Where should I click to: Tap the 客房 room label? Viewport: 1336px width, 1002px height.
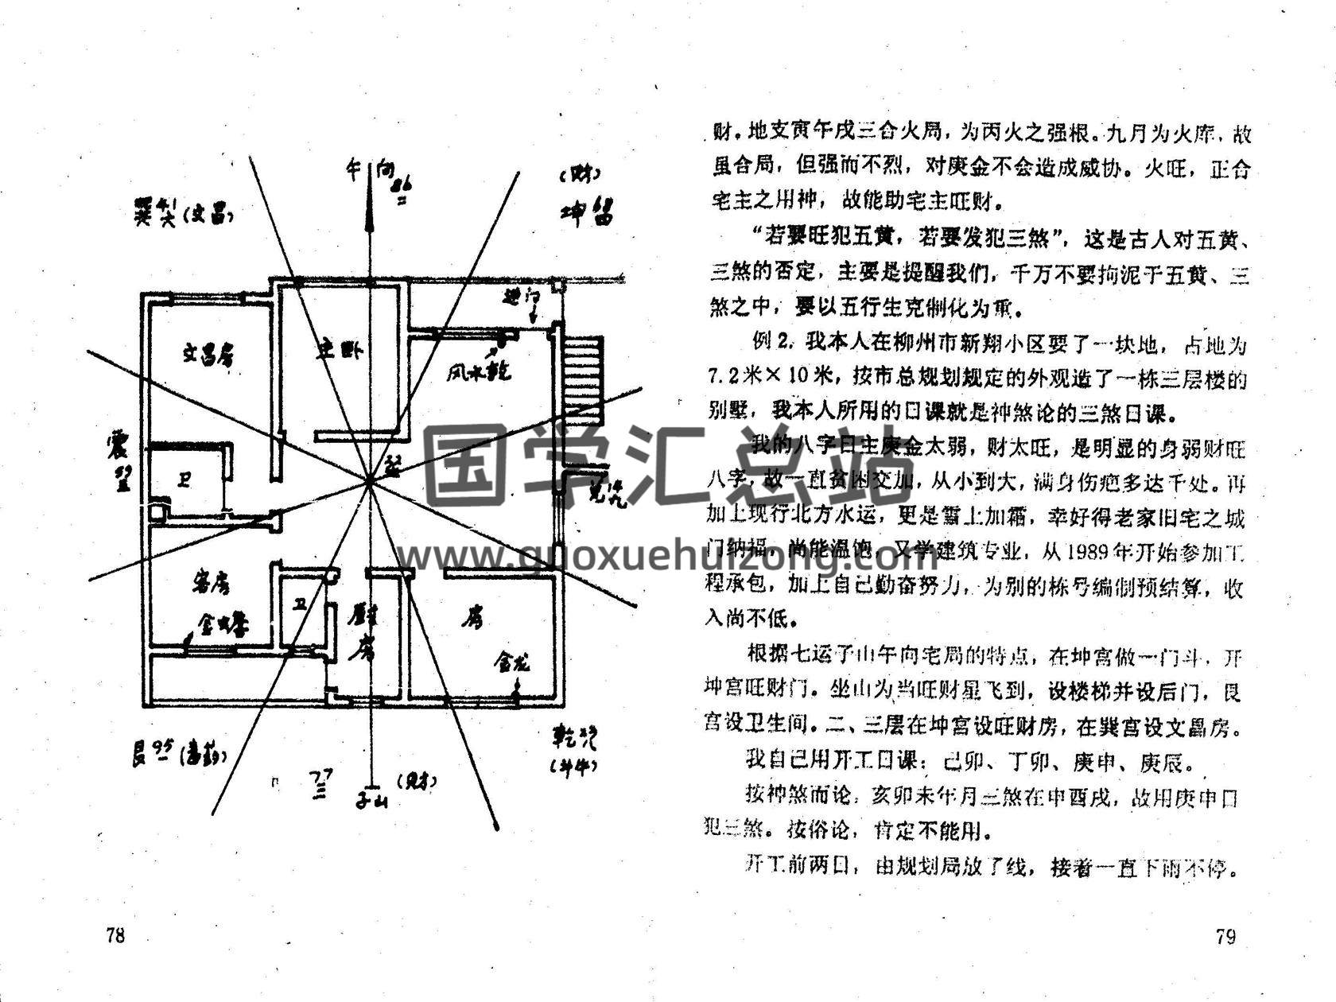[x=212, y=584]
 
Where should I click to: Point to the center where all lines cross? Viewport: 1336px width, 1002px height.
[x=370, y=480]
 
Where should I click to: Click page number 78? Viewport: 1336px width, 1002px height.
[x=115, y=935]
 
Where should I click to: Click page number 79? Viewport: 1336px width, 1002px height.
[x=1225, y=936]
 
